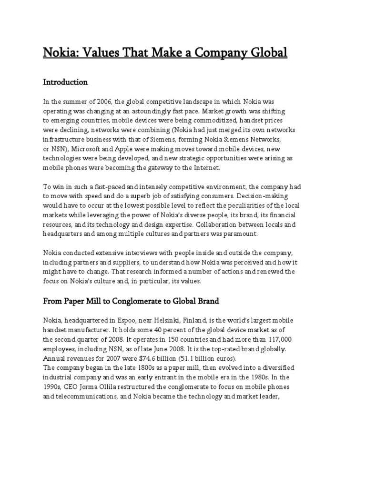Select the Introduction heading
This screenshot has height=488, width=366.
[x=65, y=82]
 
